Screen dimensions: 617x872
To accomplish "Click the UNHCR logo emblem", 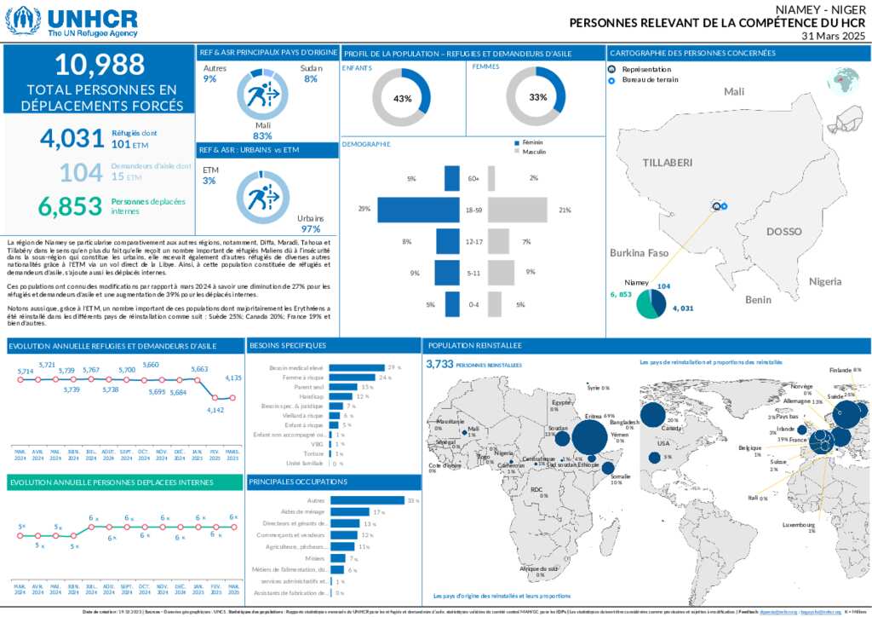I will click(22, 20).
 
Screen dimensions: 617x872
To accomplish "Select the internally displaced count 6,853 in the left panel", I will click(70, 205).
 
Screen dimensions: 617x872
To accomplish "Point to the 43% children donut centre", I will click(403, 98).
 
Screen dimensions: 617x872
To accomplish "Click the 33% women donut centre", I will click(537, 97).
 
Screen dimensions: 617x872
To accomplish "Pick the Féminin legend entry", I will click(532, 142).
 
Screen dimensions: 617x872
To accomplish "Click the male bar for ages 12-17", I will click(499, 242).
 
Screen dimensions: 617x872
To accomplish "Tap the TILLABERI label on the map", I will click(667, 162).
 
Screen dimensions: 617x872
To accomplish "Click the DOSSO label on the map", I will click(783, 231).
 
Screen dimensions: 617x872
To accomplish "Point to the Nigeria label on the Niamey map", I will click(825, 280).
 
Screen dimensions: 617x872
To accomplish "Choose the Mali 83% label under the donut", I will click(262, 130).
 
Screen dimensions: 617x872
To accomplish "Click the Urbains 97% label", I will click(310, 224).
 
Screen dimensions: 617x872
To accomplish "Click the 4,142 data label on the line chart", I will click(215, 410).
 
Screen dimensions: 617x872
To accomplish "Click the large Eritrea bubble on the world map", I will click(589, 437).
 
